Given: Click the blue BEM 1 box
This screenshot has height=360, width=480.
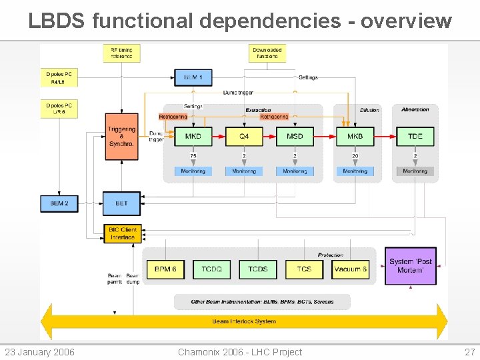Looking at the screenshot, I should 193,77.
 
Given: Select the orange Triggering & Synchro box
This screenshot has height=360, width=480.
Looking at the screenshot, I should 121,136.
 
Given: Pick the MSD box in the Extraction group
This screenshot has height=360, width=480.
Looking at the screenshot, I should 295,136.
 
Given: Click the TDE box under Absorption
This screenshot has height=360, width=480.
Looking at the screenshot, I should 415,136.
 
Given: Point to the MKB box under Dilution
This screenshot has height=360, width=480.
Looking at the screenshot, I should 355,136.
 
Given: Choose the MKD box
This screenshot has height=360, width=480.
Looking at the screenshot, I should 193,136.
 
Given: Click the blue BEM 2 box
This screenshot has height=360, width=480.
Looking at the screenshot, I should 59,203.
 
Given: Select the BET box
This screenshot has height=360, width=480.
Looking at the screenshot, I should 121,203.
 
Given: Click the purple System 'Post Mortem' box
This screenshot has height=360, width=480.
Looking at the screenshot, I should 411,266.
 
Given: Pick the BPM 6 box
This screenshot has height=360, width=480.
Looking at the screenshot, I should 165,269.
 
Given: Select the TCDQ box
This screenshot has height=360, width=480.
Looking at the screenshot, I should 211,269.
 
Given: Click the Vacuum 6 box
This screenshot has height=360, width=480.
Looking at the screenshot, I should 351,269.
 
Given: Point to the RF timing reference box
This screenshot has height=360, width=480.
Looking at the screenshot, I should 121,53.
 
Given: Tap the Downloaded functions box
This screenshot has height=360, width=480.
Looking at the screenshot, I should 267,53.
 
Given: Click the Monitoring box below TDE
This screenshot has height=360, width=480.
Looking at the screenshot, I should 415,171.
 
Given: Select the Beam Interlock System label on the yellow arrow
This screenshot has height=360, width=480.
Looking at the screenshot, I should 244,321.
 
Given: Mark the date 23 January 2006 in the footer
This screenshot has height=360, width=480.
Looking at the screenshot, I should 39,352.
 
